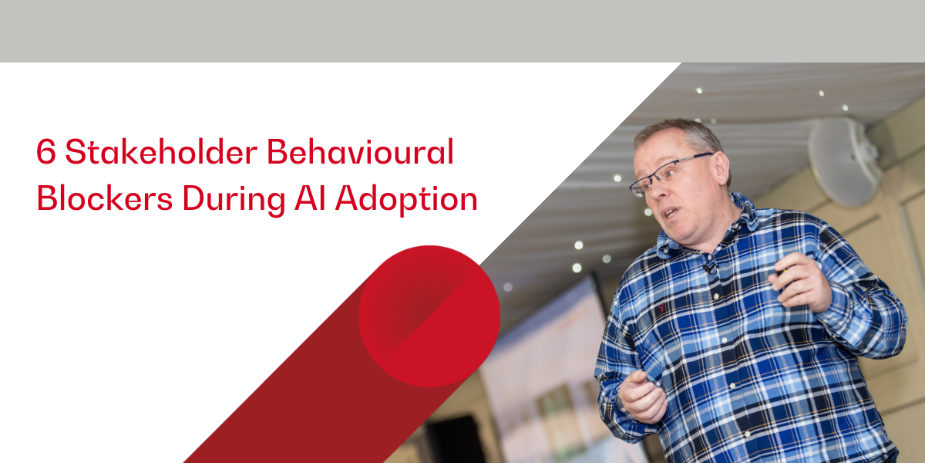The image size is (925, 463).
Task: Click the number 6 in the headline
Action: tap(45, 152)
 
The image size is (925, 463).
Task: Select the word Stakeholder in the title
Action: tap(161, 151)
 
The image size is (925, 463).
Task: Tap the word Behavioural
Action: tap(361, 151)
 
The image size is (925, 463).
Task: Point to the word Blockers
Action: tap(105, 198)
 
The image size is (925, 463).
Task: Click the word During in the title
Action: tap(234, 200)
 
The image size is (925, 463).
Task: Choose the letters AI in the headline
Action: tap(310, 198)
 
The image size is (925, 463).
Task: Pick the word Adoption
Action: tap(406, 200)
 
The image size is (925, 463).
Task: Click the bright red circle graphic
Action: tap(429, 316)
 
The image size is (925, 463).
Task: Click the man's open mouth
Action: tap(671, 213)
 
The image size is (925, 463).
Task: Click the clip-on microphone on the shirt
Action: tap(708, 269)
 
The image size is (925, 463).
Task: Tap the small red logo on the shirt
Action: tap(661, 308)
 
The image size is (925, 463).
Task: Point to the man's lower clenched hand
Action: tap(643, 397)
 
